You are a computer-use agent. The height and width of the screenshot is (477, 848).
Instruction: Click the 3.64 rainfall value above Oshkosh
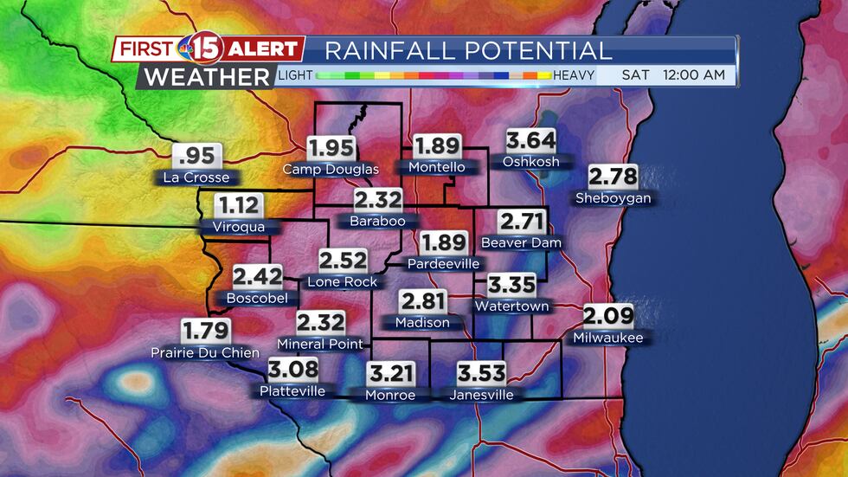coord(530,141)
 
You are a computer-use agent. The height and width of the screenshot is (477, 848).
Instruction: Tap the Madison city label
coord(422,323)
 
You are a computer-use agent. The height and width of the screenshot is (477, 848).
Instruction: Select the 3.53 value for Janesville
coord(481,374)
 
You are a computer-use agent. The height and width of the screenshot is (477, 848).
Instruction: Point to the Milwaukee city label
coord(608,338)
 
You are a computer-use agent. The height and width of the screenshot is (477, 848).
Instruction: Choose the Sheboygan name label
coord(613,198)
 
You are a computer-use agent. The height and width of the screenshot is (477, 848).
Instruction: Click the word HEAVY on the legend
coord(574,75)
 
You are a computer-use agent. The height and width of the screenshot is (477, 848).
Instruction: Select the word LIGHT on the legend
coord(295,75)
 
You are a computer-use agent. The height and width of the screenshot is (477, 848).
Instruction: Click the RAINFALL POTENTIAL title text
coord(468,50)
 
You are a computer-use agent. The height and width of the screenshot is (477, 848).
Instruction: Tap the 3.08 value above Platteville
coord(292,371)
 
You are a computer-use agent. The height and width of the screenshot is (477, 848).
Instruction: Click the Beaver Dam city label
coord(521,242)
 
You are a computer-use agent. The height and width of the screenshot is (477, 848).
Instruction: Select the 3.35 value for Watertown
coord(511,286)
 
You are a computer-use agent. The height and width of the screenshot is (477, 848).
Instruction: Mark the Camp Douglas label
coord(331,169)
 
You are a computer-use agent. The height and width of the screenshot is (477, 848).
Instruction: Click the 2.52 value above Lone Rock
coord(343,261)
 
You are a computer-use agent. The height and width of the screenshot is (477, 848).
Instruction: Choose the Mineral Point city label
coord(320,344)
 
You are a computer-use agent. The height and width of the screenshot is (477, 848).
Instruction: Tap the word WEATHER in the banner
coord(207,76)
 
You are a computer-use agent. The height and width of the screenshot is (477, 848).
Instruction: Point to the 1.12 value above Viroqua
coord(239,206)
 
